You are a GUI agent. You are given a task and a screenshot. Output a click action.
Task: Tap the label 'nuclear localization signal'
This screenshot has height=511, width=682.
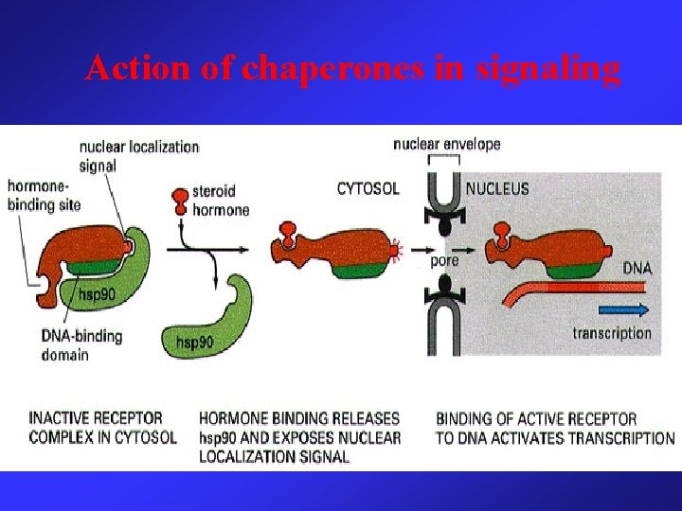click(x=138, y=155)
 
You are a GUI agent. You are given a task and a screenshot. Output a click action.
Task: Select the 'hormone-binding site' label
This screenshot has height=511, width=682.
click(x=44, y=195)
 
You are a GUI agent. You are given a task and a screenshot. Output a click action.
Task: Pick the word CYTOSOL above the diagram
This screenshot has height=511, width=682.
click(x=368, y=188)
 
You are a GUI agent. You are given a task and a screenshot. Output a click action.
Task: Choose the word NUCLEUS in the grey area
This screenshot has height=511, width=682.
click(x=498, y=188)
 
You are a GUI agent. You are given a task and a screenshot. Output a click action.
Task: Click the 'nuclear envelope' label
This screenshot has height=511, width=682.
click(x=446, y=144)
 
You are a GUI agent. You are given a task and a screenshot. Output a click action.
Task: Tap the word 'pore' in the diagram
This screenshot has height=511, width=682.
click(x=444, y=260)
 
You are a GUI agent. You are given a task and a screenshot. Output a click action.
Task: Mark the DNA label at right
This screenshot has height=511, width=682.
click(x=637, y=268)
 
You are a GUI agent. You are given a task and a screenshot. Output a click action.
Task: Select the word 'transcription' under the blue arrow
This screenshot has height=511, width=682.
click(x=612, y=332)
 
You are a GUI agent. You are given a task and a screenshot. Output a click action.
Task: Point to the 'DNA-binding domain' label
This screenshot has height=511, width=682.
click(x=81, y=345)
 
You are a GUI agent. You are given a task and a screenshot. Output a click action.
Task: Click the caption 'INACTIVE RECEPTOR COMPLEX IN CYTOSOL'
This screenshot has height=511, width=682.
click(x=102, y=427)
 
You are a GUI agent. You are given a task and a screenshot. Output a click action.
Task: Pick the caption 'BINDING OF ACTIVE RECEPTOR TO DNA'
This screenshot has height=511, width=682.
click(x=555, y=428)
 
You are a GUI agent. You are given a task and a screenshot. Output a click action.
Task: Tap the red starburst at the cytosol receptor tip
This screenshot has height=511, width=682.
click(x=399, y=251)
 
